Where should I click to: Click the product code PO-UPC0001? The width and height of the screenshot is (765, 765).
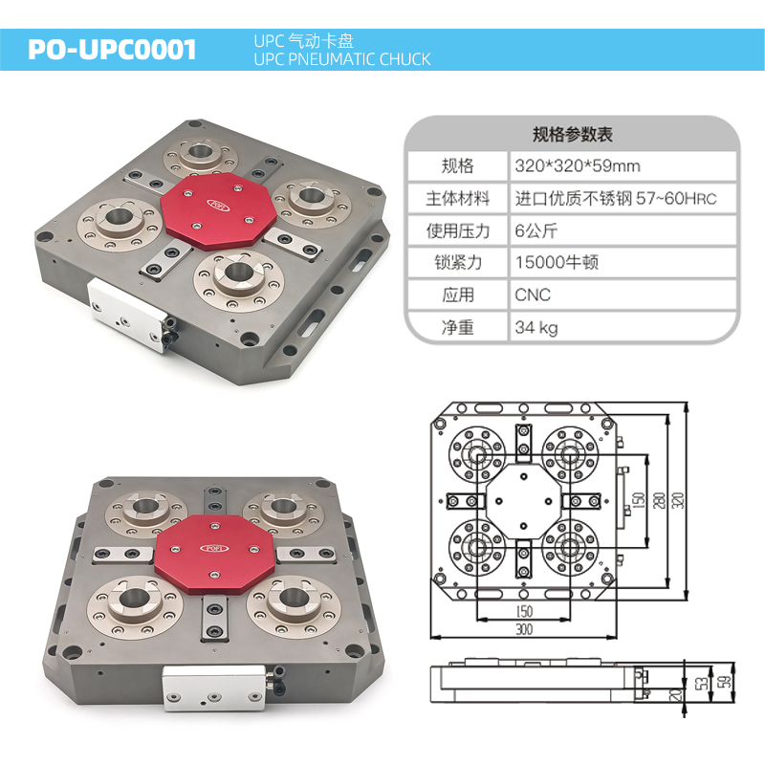coord(112,50)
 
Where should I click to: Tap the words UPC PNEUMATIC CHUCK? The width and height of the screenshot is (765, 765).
coord(342,59)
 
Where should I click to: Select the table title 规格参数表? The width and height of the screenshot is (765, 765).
coord(572,134)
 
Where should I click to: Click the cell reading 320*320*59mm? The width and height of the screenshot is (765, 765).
coord(578,165)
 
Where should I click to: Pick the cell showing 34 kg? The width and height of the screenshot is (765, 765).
coord(536,327)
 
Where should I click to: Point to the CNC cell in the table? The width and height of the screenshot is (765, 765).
coord(533,295)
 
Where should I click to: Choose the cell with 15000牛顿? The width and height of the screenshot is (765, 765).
coord(557,262)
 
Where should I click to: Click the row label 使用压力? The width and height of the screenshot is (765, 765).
coord(458,230)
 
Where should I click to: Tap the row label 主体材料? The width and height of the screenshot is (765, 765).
coord(458,198)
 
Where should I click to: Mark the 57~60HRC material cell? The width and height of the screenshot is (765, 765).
coord(616,198)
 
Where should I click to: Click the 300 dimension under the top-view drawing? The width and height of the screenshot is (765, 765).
coord(524,629)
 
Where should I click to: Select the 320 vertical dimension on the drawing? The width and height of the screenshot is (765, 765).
coord(678,500)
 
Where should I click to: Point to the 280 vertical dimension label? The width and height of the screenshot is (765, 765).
coord(659,500)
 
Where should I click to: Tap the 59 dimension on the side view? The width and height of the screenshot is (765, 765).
coord(727,682)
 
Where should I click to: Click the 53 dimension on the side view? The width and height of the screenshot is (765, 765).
coord(703,683)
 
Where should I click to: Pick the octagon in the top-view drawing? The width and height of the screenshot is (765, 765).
coord(523,501)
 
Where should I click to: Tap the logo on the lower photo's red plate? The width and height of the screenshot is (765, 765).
coord(214,548)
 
